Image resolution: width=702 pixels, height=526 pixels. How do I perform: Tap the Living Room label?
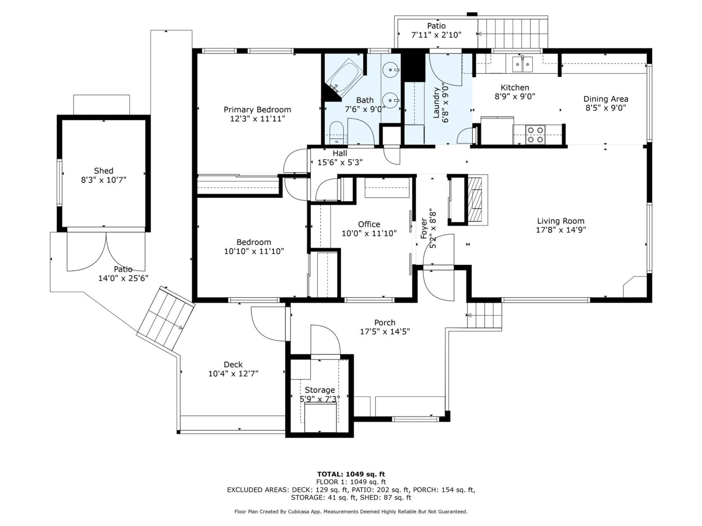click(x=561, y=221)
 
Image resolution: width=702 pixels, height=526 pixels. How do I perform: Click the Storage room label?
click(x=320, y=390)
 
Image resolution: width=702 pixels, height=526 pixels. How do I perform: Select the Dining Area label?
click(x=605, y=99)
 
